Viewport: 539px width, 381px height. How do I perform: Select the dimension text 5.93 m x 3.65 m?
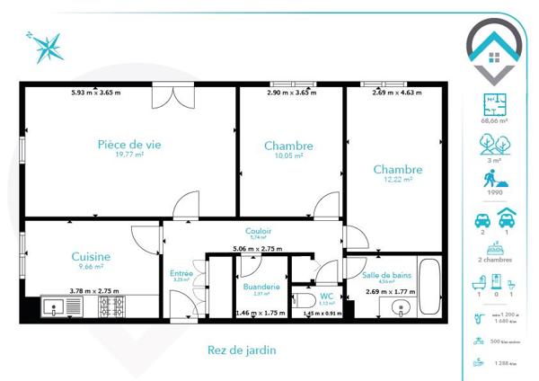[96, 92]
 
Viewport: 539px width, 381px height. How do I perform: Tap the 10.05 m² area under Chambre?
[289, 155]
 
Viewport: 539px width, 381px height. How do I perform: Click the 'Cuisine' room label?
[91, 256]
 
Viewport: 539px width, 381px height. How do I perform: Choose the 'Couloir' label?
[259, 231]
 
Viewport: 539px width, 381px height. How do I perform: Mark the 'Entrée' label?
[181, 273]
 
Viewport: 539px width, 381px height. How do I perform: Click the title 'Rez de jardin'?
[241, 350]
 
